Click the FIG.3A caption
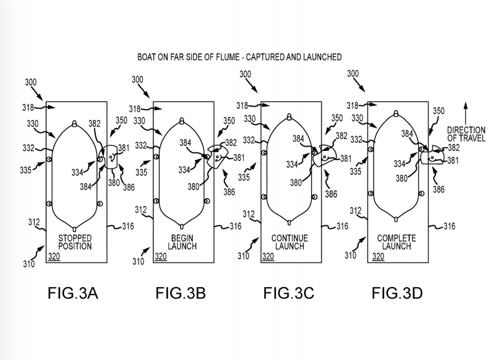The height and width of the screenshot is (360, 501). click(72, 293)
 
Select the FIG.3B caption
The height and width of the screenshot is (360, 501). click(181, 293)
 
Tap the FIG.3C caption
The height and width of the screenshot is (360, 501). click(289, 293)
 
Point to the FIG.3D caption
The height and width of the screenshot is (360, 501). click(397, 293)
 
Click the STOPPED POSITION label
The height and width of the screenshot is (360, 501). click(75, 242)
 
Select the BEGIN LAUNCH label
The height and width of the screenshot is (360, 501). click(182, 242)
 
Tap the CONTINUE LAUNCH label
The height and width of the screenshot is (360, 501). click(290, 242)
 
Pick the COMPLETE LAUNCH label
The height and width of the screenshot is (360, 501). click(397, 242)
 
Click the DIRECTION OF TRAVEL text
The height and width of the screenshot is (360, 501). click(466, 135)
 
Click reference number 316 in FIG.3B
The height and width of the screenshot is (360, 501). click(235, 226)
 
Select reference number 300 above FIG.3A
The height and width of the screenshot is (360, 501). click(31, 83)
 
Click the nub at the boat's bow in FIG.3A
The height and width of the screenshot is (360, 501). click(75, 123)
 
